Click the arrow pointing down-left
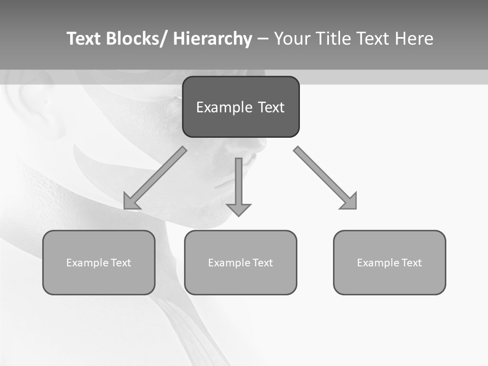pyautogui.click(x=156, y=178)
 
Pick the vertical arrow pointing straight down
pyautogui.click(x=238, y=183)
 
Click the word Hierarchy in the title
pyautogui.click(x=212, y=39)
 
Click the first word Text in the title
pyautogui.click(x=84, y=39)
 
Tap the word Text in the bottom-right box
pyautogui.click(x=412, y=263)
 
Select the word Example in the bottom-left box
pyautogui.click(x=87, y=263)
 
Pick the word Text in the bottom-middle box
pyautogui.click(x=263, y=263)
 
